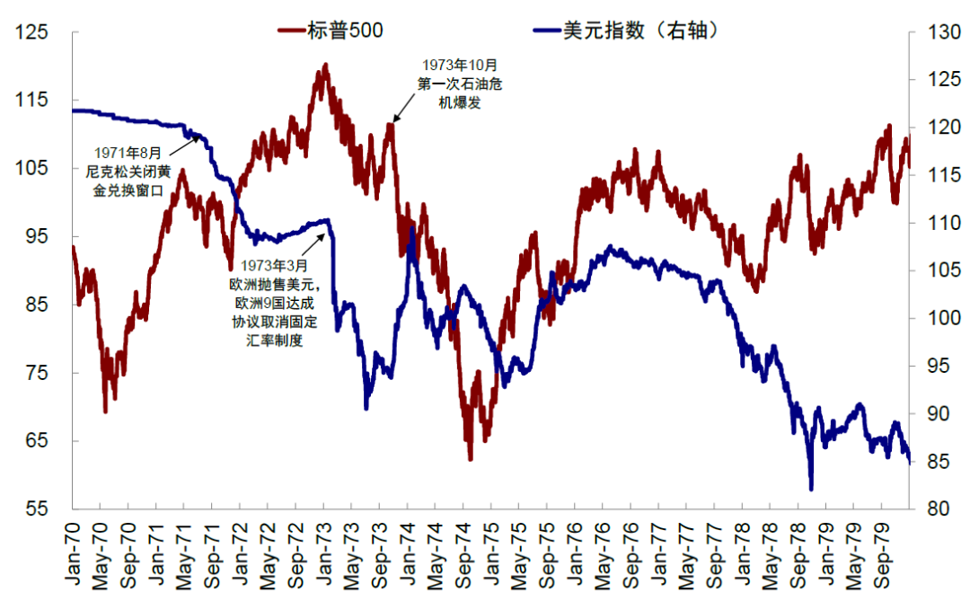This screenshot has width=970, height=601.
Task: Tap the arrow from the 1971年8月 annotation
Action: [184, 137]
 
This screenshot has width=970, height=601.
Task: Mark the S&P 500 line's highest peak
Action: [324, 65]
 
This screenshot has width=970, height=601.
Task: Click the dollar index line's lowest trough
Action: [811, 489]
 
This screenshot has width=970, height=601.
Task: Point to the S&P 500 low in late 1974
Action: [470, 459]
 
